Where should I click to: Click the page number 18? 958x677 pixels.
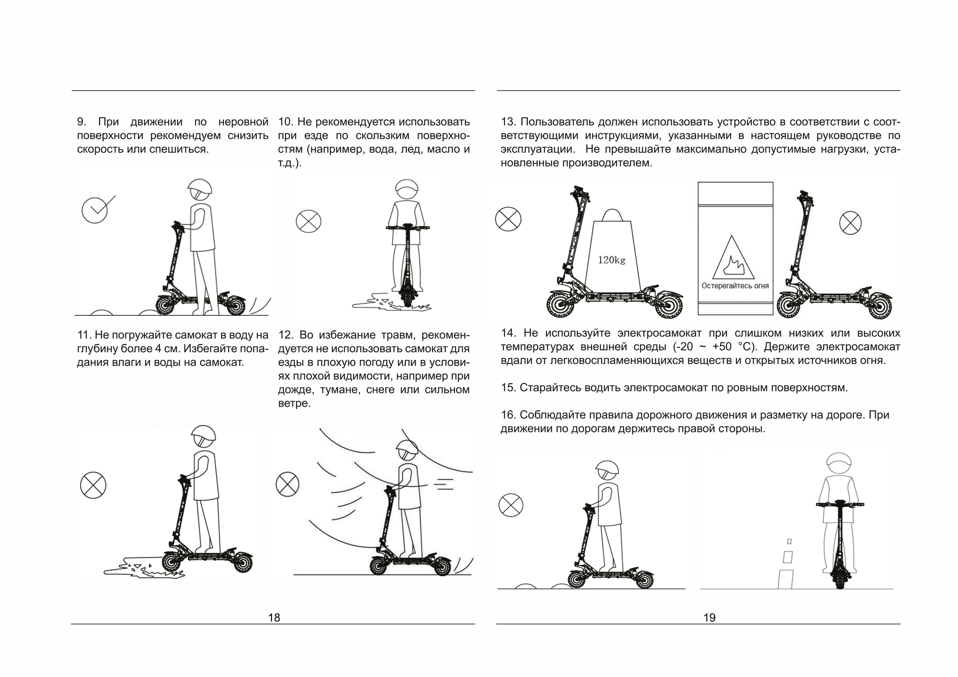[274, 618]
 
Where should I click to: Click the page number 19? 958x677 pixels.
[709, 618]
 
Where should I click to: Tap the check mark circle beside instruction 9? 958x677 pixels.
[95, 210]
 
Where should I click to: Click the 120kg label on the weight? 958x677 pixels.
[611, 260]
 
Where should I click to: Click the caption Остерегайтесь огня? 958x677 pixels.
[735, 286]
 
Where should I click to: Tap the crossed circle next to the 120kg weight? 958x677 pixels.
[508, 219]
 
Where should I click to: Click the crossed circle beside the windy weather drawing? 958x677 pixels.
[287, 484]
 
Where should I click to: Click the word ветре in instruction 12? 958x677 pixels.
[294, 403]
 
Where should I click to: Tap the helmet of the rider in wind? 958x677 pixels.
[408, 449]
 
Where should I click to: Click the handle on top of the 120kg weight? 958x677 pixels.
[611, 215]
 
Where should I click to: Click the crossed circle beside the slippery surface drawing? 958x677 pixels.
[308, 222]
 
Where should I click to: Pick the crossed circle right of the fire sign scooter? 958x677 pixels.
[850, 223]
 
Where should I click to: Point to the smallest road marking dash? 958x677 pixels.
[789, 541]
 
